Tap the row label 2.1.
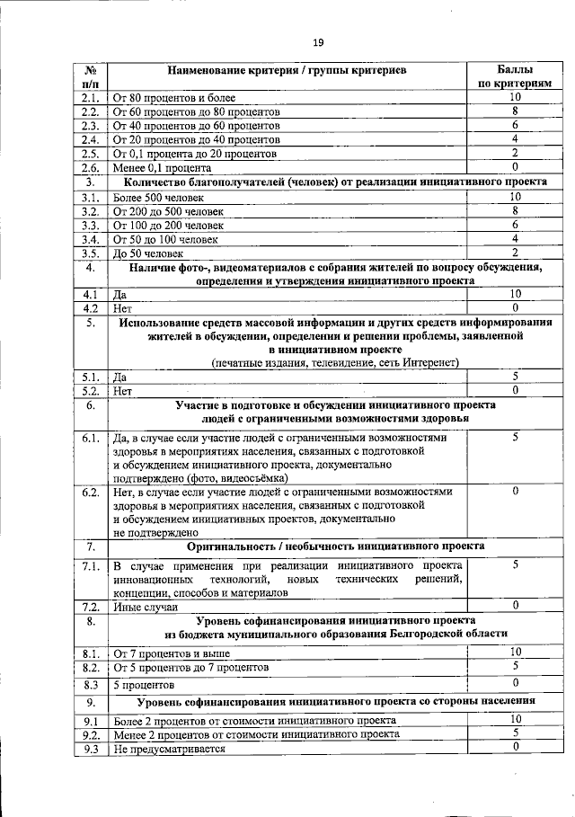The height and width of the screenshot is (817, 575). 90,98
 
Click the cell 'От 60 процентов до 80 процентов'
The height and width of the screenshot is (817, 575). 195,112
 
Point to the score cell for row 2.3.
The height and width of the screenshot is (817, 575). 515,126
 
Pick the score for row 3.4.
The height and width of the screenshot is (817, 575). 515,239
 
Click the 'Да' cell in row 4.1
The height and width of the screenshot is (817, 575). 119,294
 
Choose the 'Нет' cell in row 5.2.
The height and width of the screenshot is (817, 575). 122,392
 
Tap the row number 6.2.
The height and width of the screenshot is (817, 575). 90,493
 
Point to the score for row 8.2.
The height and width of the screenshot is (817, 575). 515,667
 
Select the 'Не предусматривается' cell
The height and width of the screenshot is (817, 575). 168,748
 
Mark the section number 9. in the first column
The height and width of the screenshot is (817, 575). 90,702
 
